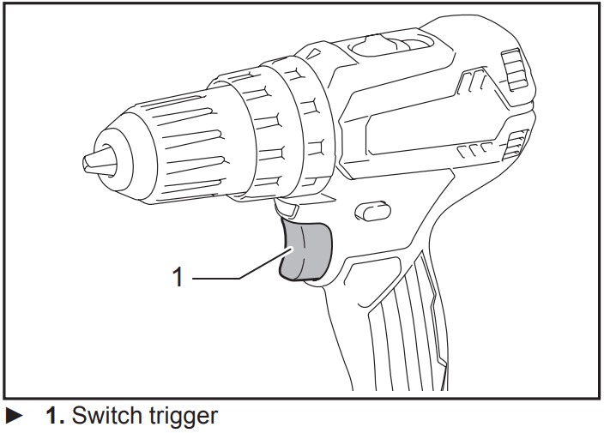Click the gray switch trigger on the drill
point(306,251)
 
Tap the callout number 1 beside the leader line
point(178,277)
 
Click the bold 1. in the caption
point(54,417)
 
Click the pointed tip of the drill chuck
point(90,160)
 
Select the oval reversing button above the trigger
point(370,208)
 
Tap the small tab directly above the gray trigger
point(287,208)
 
